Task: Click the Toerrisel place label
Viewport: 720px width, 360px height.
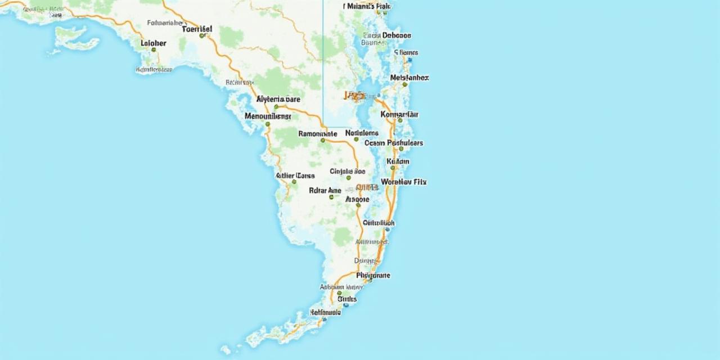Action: tap(197, 28)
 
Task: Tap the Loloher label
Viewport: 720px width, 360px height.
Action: tap(153, 42)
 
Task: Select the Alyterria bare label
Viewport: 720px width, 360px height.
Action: tap(278, 99)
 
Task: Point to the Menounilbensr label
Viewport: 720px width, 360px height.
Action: tap(268, 116)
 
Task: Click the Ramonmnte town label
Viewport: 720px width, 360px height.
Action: tap(317, 134)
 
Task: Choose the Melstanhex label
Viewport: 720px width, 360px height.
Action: tap(409, 78)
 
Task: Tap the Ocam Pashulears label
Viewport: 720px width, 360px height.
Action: tap(393, 143)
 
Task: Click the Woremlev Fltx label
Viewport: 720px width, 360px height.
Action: tap(403, 182)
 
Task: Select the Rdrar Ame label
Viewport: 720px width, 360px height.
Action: tap(325, 191)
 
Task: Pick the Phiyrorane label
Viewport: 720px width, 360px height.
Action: tap(373, 276)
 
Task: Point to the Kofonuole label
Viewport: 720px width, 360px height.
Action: tap(325, 312)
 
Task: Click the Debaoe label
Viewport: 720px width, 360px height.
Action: tap(397, 35)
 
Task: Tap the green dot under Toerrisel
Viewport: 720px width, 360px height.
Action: tap(201, 35)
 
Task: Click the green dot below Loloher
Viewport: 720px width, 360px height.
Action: tap(153, 49)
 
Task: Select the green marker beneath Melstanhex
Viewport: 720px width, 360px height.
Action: tap(404, 84)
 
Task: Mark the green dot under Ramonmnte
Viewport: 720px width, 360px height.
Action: tap(322, 141)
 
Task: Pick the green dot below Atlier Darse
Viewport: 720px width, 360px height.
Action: tap(294, 182)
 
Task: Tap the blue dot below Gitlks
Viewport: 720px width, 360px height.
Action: tap(345, 305)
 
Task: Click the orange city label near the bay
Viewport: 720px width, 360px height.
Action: tap(355, 96)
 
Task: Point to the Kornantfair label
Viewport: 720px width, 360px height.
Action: tap(399, 114)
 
